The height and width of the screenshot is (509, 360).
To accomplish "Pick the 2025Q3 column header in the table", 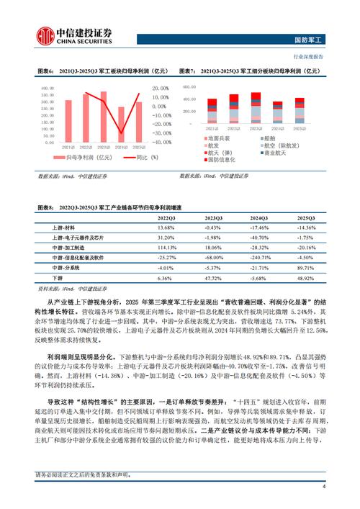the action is pyautogui.click(x=306, y=217).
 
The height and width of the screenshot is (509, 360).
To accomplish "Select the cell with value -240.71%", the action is pyautogui.click(x=259, y=256).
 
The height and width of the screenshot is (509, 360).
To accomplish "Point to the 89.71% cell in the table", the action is pyautogui.click(x=306, y=266).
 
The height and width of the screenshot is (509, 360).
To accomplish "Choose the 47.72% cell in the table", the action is pyautogui.click(x=212, y=276).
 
